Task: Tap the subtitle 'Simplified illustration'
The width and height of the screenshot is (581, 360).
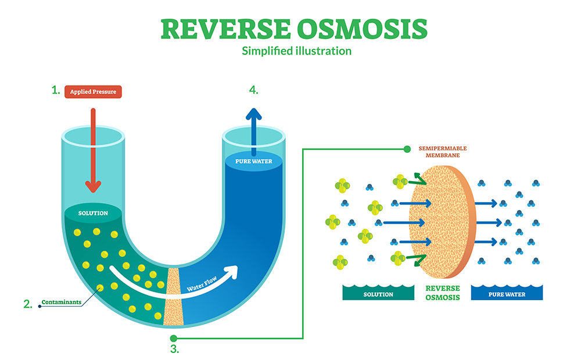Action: (x=296, y=51)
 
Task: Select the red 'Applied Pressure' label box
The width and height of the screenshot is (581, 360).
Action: (x=93, y=91)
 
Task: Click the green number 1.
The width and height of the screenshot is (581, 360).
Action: (x=56, y=90)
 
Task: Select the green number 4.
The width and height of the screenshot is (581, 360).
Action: (x=253, y=89)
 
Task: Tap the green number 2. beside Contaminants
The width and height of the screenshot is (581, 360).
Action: (x=27, y=303)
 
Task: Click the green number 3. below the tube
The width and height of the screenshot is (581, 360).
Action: (x=174, y=349)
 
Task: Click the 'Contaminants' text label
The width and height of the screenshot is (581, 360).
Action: (x=61, y=303)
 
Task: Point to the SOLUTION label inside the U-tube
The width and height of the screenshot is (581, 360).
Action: (x=94, y=213)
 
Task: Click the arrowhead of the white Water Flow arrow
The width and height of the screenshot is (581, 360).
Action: (x=232, y=271)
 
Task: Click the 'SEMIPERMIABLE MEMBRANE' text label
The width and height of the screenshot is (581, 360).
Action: (x=443, y=152)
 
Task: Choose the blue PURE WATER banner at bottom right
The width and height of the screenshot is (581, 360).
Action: (x=506, y=294)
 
